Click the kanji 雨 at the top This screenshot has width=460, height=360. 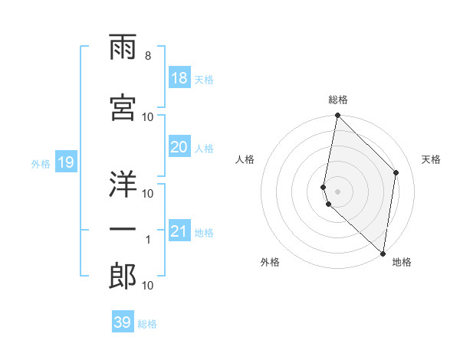(x=123, y=51)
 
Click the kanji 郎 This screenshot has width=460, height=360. (x=123, y=277)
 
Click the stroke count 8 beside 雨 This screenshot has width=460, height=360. (x=148, y=56)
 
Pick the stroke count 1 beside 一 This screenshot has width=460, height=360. (x=148, y=240)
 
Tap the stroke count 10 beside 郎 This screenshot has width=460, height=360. (x=148, y=286)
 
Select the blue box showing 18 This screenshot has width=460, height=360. (x=179, y=78)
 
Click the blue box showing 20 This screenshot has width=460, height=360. (x=179, y=147)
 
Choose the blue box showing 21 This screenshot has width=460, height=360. (x=179, y=231)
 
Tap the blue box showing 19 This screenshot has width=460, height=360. (x=65, y=162)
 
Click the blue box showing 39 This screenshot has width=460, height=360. (x=123, y=322)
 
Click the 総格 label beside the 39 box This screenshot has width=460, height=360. (x=147, y=324)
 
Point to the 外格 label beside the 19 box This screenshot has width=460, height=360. (x=40, y=163)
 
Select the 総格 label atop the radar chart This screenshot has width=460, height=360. (x=338, y=100)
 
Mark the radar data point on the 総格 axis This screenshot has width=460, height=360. (x=337, y=116)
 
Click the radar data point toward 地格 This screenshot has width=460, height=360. (x=383, y=254)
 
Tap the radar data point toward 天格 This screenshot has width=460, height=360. (x=396, y=172)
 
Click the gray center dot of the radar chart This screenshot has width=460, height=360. (x=338, y=191)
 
